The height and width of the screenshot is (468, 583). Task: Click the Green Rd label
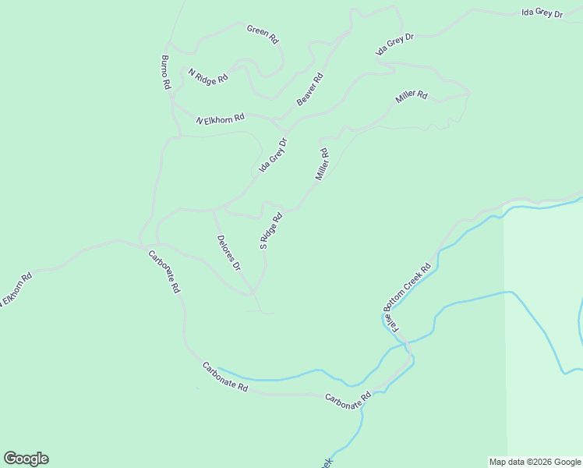pos(263,34)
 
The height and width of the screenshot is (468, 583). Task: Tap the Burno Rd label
pos(165,72)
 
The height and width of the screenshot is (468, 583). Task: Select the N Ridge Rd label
pos(208,76)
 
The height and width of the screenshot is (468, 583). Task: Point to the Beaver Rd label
pos(309,89)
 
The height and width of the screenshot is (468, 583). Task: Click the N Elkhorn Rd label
pos(220,119)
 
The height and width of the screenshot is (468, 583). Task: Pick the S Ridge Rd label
pos(270,230)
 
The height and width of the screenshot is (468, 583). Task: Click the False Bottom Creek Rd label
pos(407,296)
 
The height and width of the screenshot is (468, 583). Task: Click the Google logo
pos(26,459)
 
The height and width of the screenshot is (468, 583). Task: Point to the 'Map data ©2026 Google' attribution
pos(534,462)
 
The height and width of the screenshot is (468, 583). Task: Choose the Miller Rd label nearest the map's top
pos(412,97)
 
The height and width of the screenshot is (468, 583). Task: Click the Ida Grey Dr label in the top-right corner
pos(542,13)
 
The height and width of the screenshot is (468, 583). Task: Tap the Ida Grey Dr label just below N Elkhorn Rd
pos(274,155)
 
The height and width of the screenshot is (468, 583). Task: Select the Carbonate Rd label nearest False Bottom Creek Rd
pos(348,400)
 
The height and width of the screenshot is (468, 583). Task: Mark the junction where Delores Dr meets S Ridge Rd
pos(253,293)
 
